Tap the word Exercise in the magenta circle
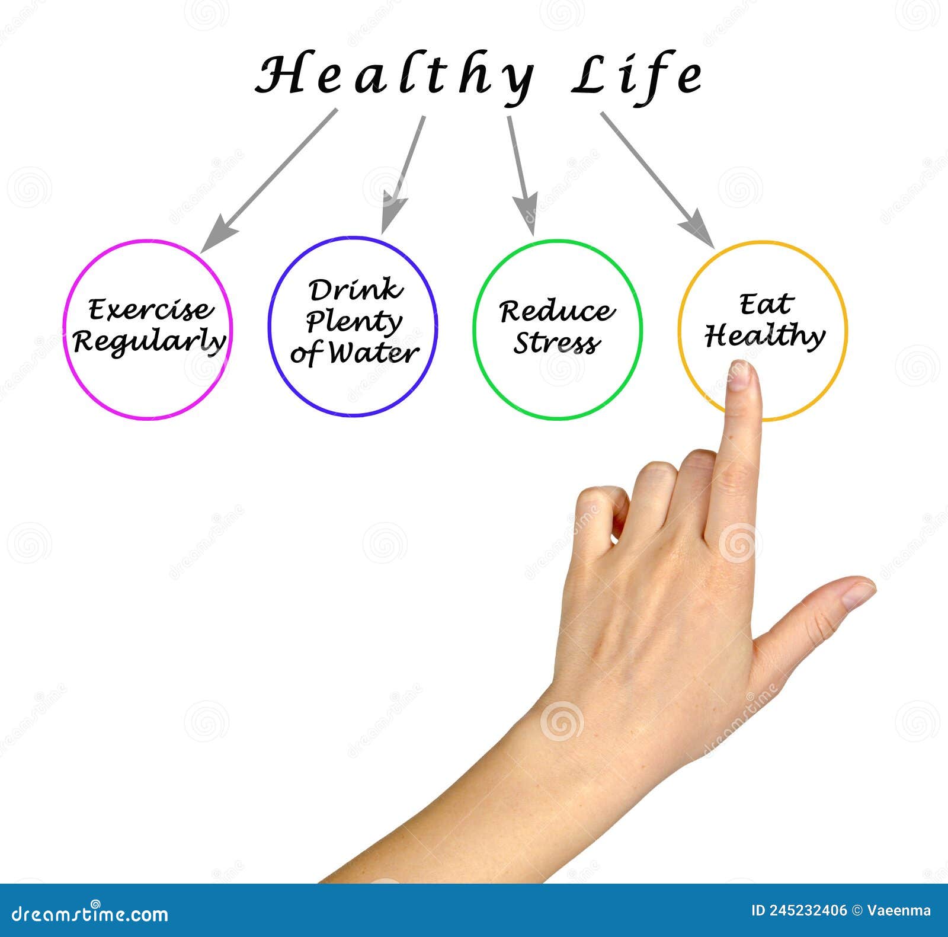pos(150,309)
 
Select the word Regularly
pos(149,341)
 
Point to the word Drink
pos(355,290)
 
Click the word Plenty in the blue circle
pos(354,322)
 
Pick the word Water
pos(373,353)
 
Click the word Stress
pos(557,343)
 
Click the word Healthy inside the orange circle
pos(764,336)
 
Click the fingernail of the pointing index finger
pos(740,376)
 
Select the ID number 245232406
pos(807,911)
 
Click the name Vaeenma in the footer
pos(899,911)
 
